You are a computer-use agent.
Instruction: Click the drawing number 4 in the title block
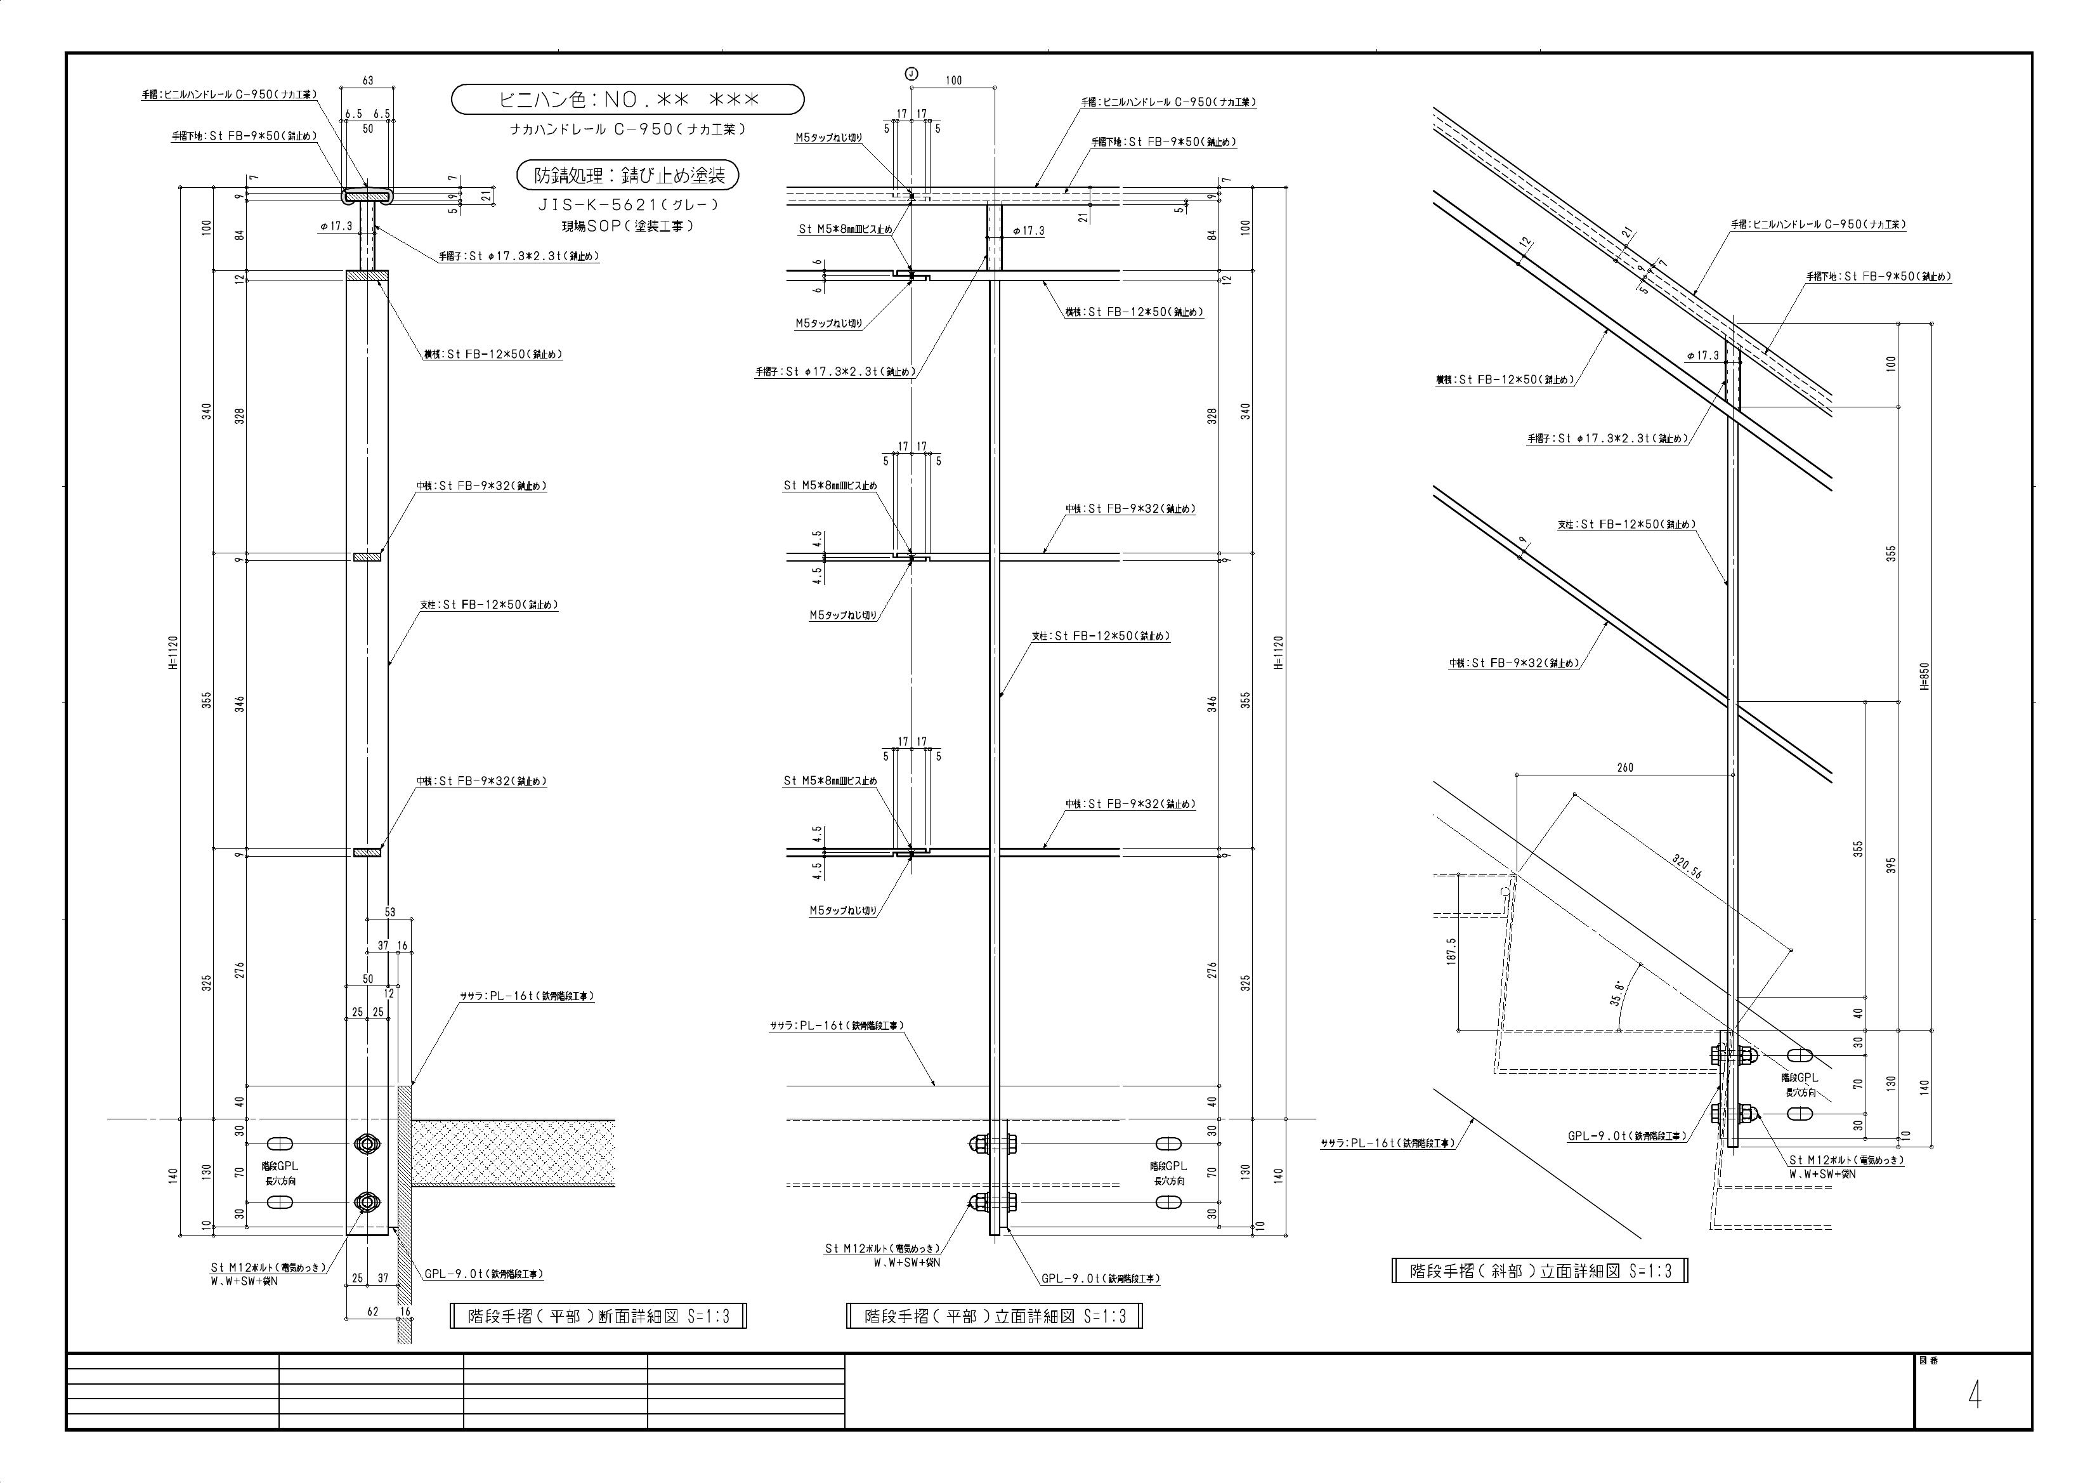coord(1974,1395)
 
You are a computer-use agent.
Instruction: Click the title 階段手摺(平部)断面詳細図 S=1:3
coord(598,1317)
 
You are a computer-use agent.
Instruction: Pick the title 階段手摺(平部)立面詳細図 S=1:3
coord(994,1317)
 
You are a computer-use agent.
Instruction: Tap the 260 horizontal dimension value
coord(1625,768)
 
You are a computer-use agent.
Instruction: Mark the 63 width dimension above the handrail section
coord(368,81)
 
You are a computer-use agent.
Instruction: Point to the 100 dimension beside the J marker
coord(953,81)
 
